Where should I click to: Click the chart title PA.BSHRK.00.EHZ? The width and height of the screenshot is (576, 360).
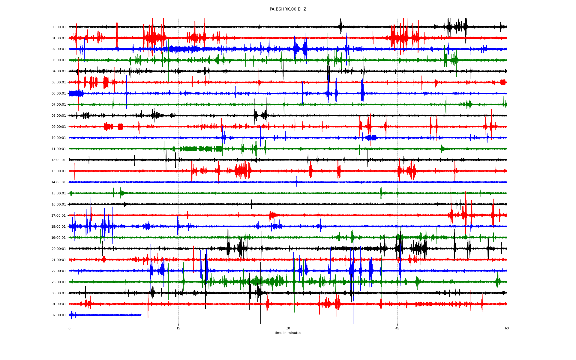[x=288, y=9]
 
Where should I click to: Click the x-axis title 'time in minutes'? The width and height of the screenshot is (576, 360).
[x=288, y=333]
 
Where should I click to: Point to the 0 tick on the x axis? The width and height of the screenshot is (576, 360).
[x=69, y=328]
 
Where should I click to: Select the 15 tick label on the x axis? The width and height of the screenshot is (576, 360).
[x=178, y=328]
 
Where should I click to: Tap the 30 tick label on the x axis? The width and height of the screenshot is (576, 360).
[x=288, y=328]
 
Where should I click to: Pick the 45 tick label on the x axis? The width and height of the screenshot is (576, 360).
[x=397, y=328]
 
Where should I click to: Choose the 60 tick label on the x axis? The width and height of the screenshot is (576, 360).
[x=507, y=328]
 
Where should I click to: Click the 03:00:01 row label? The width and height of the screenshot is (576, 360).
[x=58, y=60]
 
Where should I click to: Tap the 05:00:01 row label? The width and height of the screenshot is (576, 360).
[x=58, y=82]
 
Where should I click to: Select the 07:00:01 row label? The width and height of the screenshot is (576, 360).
[x=58, y=105]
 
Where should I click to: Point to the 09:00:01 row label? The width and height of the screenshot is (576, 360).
[x=58, y=127]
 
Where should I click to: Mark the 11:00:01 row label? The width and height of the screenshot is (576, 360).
[x=58, y=149]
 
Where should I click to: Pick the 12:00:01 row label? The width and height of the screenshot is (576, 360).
[x=58, y=160]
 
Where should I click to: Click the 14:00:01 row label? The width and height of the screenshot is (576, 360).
[x=58, y=182]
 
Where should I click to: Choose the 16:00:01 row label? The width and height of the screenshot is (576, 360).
[x=58, y=205]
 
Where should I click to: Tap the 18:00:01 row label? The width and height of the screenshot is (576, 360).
[x=58, y=227]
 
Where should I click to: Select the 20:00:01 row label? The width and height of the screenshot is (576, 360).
[x=58, y=249]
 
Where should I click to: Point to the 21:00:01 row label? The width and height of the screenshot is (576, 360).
[x=58, y=260]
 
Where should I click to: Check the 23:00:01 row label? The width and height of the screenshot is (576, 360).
[x=58, y=282]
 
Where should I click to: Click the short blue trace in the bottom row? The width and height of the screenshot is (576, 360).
[x=105, y=315]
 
